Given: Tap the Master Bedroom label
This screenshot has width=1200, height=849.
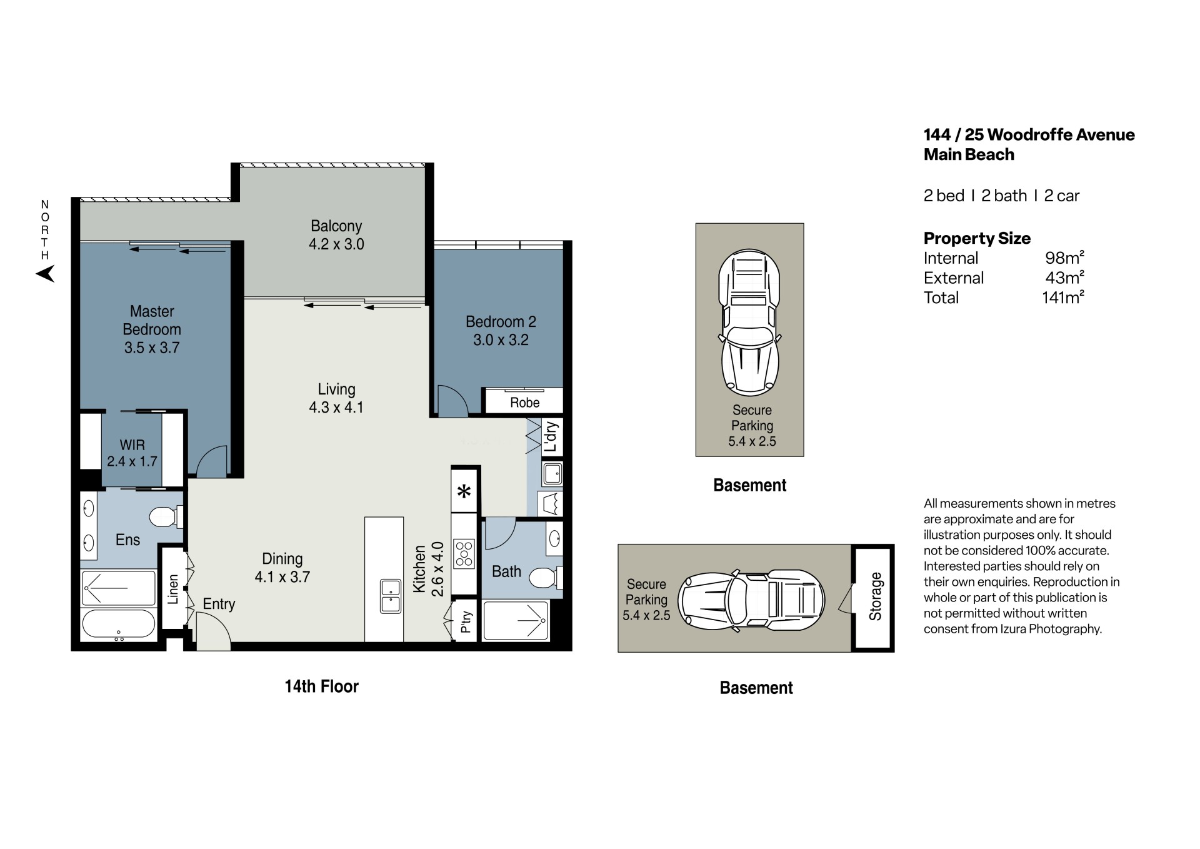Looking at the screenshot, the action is click(152, 320).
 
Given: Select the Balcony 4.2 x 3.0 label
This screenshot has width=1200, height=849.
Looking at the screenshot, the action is click(336, 235).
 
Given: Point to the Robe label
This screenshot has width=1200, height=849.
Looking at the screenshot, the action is click(524, 403).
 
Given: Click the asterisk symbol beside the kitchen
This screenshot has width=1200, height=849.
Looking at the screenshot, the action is click(464, 491).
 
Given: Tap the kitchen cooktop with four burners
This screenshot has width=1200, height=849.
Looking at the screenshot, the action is click(464, 554).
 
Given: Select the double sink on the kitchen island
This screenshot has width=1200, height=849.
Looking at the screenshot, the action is click(391, 596).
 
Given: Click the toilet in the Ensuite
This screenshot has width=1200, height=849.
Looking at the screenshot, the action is click(166, 516).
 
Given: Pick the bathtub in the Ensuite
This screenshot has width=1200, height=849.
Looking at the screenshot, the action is click(119, 624).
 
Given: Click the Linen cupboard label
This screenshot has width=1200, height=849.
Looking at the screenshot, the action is click(173, 589).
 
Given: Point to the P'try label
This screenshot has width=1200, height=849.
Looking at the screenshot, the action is click(466, 622).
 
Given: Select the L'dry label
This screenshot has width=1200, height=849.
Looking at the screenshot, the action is click(550, 437).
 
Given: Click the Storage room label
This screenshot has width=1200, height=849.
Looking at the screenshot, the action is click(875, 596).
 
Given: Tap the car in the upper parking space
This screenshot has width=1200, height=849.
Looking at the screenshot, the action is click(749, 323).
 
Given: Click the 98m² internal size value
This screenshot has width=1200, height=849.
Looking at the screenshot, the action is click(1064, 257).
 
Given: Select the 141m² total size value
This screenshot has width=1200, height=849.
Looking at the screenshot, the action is click(1062, 297).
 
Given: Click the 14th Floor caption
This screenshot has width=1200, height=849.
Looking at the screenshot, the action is click(321, 686).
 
